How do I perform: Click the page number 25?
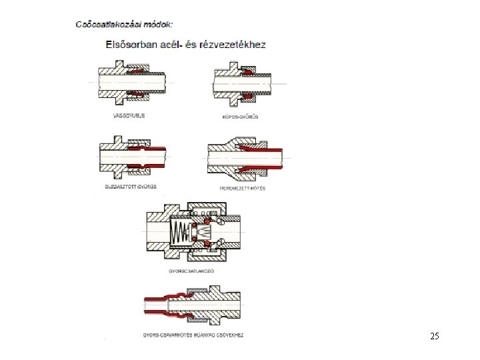(x=435, y=336)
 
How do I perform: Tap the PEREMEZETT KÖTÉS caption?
(x=242, y=187)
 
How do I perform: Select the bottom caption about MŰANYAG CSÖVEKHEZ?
(x=193, y=334)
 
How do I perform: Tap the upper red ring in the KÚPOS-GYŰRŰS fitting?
(x=246, y=71)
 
